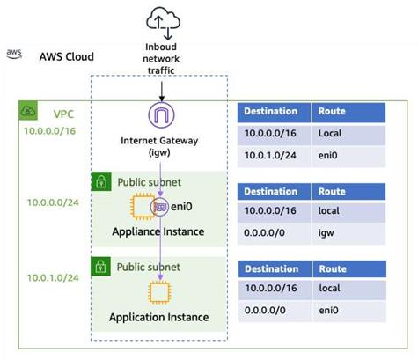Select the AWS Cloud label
click(66, 56)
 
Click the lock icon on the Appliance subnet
click(102, 181)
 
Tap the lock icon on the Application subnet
click(102, 266)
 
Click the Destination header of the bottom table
click(271, 269)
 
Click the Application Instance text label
click(158, 317)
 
